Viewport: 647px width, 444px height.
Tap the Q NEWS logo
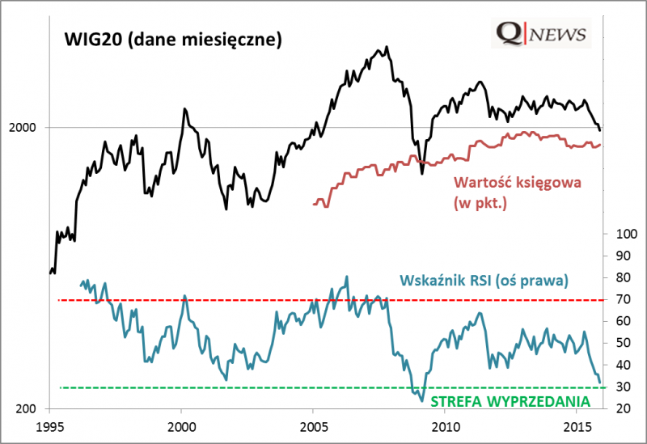(541, 33)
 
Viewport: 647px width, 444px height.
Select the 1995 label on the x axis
(49, 425)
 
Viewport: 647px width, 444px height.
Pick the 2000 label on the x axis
(181, 425)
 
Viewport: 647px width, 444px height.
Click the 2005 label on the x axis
(313, 425)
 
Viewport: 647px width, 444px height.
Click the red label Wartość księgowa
(517, 183)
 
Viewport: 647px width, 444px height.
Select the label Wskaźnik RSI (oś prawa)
(485, 281)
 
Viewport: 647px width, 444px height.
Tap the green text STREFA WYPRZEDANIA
(510, 401)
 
